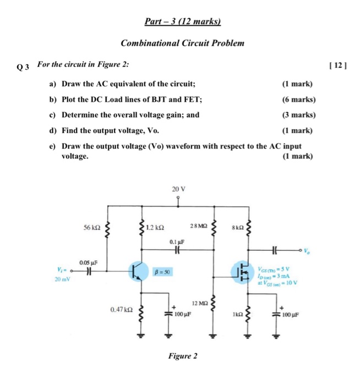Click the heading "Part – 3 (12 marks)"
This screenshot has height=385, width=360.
182,22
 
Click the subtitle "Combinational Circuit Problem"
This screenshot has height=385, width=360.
182,43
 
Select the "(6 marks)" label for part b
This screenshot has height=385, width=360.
298,100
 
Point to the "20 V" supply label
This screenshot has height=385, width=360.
178,189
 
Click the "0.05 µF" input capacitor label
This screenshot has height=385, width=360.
89,263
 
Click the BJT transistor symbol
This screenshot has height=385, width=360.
139,272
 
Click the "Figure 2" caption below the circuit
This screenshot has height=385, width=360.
182,356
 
